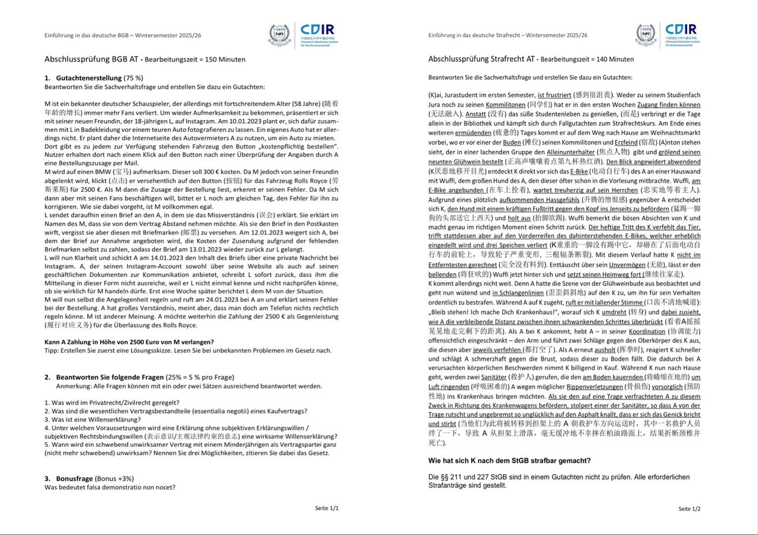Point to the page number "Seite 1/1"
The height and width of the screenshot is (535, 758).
tap(327, 508)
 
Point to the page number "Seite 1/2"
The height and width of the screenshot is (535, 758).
tap(689, 508)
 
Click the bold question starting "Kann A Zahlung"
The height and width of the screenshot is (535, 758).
tap(129, 341)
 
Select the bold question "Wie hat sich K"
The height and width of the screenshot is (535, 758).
tap(509, 460)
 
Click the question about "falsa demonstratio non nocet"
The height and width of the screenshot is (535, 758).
tap(110, 487)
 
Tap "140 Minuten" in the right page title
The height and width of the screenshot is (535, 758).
tap(614, 60)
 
